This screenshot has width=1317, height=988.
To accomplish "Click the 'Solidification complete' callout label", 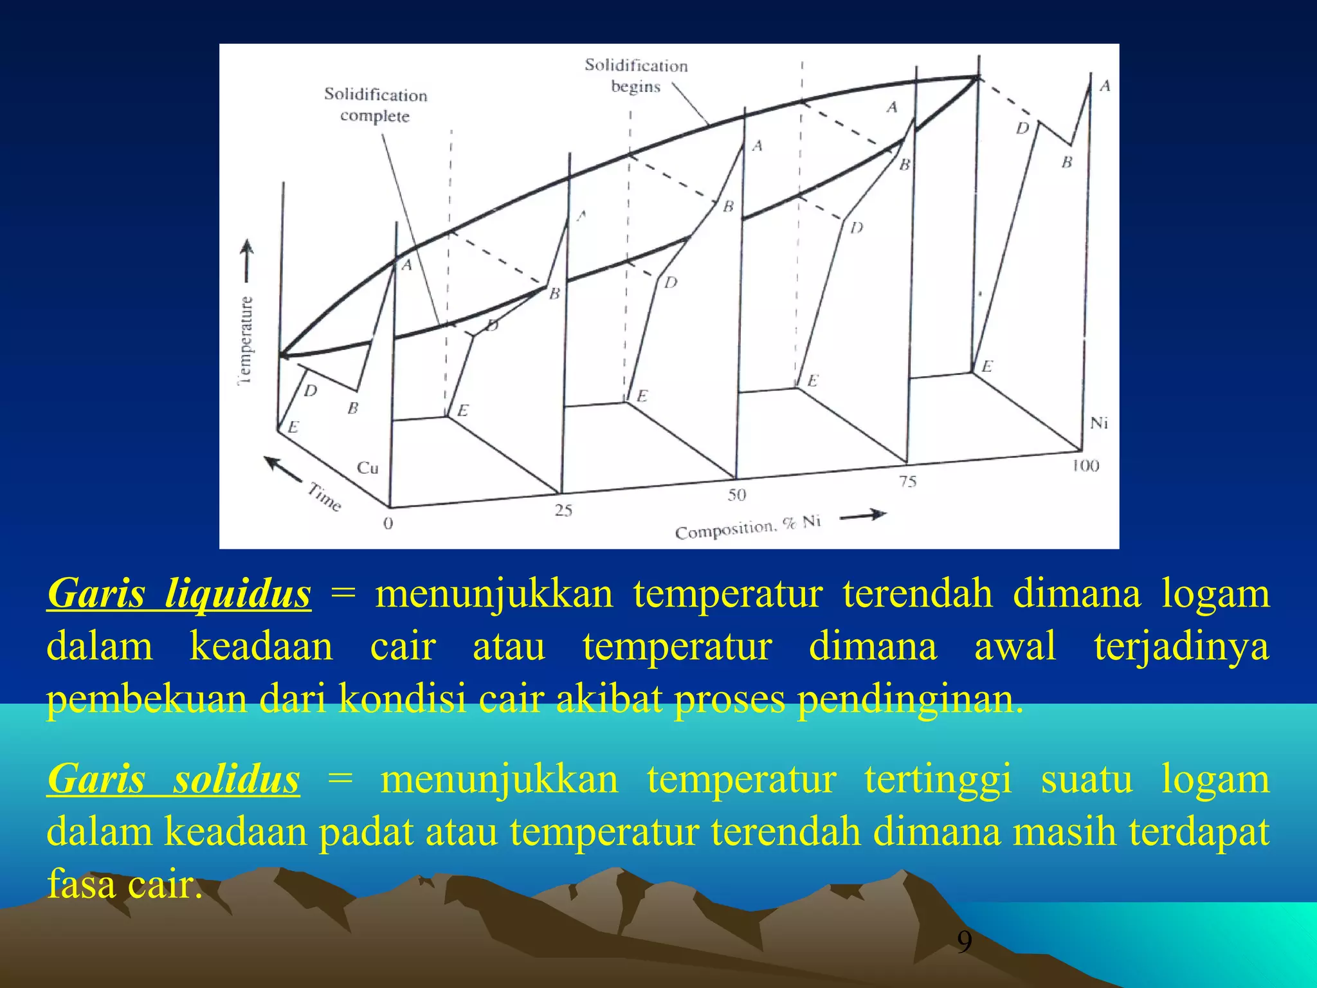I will coord(376,105).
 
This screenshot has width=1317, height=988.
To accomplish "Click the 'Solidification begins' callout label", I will coord(636,75).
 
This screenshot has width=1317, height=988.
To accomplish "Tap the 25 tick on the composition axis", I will coord(563,510).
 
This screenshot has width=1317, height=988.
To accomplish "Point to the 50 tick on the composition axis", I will coord(737,495).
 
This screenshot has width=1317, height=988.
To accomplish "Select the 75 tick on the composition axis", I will coord(907,481).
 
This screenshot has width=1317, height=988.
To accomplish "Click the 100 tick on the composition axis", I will coord(1085,466).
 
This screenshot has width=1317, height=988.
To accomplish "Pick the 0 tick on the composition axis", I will coord(388,524).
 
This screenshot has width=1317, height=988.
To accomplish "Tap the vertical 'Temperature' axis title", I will coord(246,341).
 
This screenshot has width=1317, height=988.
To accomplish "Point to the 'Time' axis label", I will coord(324,497).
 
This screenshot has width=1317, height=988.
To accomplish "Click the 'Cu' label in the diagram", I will coord(368,468).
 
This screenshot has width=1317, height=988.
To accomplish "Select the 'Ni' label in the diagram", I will coord(1099,423).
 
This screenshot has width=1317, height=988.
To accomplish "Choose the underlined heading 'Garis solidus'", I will coord(174,779).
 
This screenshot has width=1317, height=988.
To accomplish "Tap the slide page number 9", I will coord(964,942).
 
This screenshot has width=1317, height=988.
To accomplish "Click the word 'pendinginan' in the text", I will coord(909,699).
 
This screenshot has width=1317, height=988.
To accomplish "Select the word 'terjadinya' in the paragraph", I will coord(1181,646).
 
